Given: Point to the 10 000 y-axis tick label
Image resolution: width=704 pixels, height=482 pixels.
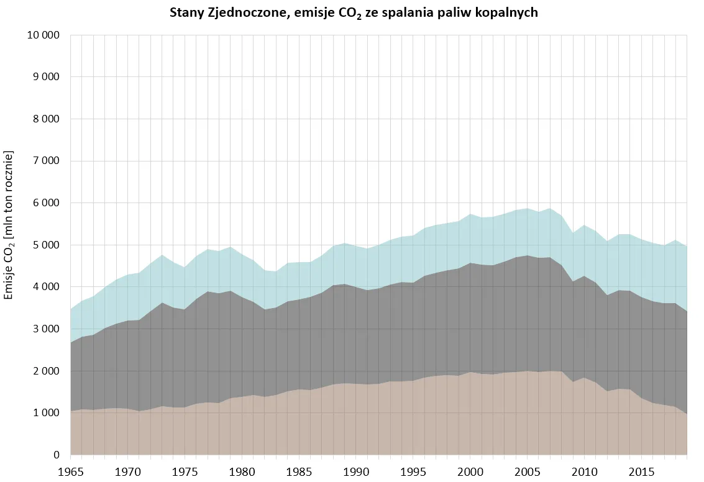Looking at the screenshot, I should (43, 35).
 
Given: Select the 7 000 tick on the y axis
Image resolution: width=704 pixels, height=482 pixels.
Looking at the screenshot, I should (45, 161).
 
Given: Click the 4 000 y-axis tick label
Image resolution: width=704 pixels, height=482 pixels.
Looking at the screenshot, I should (45, 287).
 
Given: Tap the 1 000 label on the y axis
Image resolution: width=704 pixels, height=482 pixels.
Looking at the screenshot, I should (45, 413).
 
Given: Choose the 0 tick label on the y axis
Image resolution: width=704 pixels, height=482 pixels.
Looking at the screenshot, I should (56, 455).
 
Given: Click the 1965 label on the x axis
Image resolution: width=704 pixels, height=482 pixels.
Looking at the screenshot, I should (71, 472).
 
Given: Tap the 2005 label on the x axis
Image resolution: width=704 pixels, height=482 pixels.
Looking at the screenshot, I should (528, 472).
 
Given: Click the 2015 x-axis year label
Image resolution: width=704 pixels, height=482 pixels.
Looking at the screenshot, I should (642, 472).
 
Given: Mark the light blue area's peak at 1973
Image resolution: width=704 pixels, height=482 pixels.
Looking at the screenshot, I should (162, 255).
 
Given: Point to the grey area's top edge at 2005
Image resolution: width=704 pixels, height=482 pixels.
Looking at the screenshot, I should (528, 255).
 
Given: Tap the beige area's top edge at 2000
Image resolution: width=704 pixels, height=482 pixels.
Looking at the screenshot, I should (470, 371).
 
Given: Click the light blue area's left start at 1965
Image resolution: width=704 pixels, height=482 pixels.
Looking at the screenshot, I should (71, 309).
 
